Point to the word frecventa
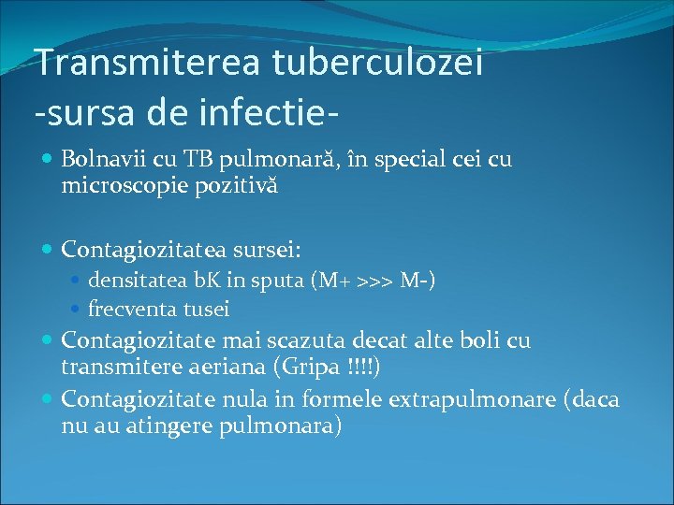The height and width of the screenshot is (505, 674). [128, 308]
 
